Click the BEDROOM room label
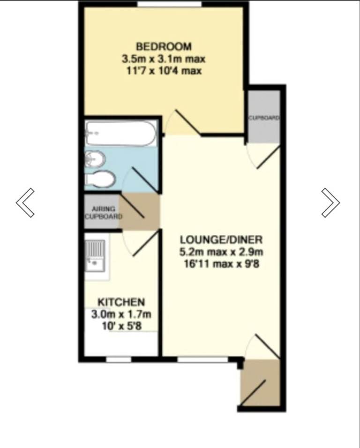pyautogui.click(x=164, y=46)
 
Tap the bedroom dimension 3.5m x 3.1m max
pyautogui.click(x=164, y=59)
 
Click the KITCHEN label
pyautogui.click(x=120, y=302)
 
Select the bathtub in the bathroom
pyautogui.click(x=120, y=134)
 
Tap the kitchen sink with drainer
pyautogui.click(x=95, y=255)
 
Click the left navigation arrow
pyautogui.click(x=25, y=202)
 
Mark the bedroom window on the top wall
pyautogui.click(x=170, y=5)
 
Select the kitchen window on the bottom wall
pyautogui.click(x=118, y=359)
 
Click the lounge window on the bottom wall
pyautogui.click(x=202, y=359)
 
